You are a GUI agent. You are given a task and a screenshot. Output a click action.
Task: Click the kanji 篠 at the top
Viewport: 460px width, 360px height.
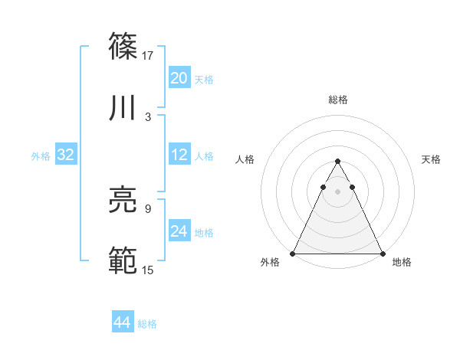123,45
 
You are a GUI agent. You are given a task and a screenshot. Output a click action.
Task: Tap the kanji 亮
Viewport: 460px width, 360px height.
123,201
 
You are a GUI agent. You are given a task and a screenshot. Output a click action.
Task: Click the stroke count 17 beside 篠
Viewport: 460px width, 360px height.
148,55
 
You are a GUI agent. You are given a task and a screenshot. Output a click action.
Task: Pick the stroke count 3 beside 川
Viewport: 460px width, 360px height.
148,117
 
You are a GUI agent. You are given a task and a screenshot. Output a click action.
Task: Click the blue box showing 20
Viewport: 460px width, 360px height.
179,78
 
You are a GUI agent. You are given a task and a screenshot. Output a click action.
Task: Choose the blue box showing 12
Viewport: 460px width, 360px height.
179,155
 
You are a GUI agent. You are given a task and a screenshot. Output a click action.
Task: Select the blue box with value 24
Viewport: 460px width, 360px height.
179,231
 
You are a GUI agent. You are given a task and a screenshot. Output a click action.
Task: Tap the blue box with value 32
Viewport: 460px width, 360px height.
65,155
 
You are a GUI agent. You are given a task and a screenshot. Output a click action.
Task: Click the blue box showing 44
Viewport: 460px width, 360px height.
122,322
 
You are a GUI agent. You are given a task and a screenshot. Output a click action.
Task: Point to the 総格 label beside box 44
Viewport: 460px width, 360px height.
147,324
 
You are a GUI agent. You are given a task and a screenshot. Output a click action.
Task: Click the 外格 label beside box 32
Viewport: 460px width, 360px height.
41,156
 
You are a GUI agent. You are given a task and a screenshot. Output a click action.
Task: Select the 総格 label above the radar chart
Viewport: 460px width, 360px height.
337,100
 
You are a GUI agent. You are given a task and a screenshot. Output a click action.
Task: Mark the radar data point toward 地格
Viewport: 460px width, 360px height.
382,253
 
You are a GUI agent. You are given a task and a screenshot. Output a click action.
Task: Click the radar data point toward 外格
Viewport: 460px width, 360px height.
293,253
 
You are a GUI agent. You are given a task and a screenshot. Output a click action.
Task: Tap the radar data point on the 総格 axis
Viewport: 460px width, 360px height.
337,162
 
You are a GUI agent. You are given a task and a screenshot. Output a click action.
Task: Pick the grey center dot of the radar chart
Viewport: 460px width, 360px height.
337,191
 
